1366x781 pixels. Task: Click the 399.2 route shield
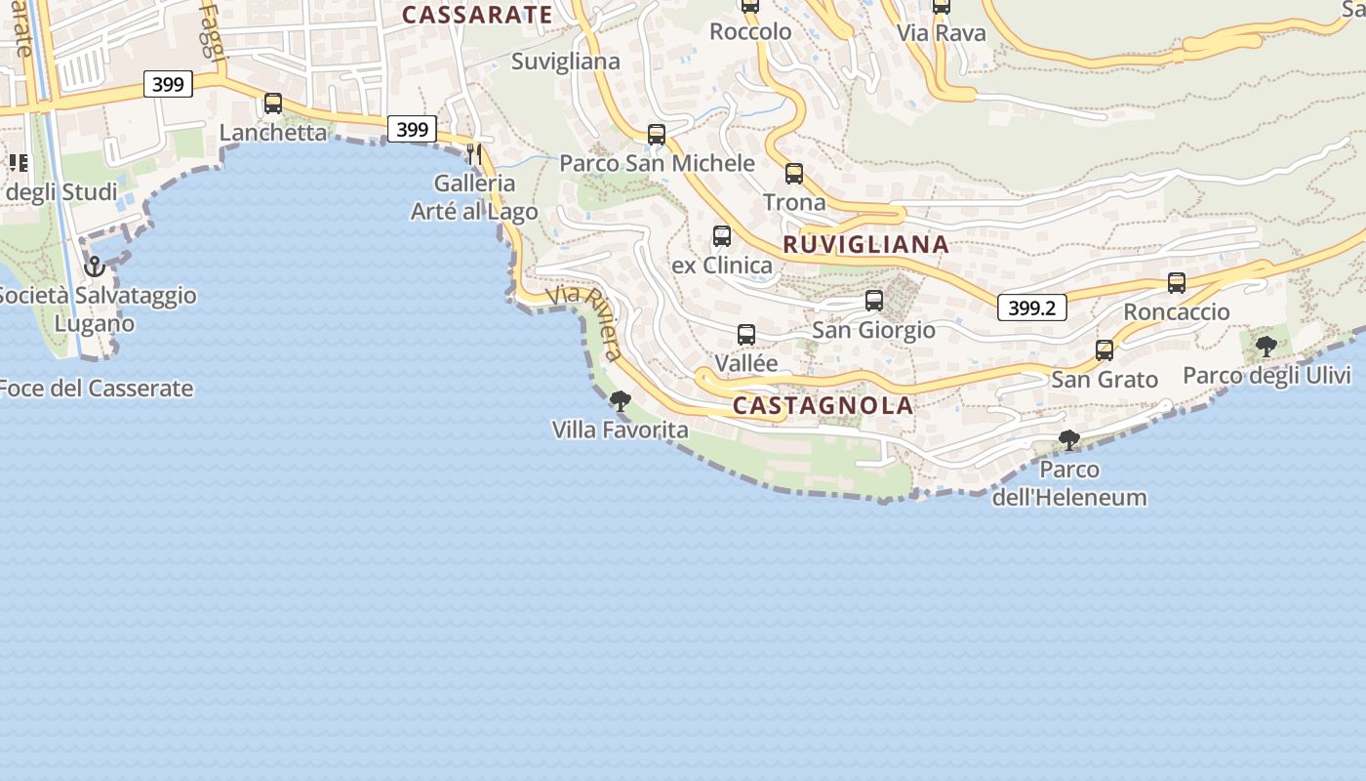[1031, 308]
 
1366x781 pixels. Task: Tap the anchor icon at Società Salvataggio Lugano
[95, 266]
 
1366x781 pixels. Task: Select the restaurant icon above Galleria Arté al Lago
[474, 153]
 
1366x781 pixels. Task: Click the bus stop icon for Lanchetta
[273, 103]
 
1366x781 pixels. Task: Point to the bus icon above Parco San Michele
[657, 135]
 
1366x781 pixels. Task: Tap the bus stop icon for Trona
[794, 174]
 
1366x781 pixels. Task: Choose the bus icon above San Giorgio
[874, 301]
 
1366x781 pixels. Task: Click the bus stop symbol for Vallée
[746, 335]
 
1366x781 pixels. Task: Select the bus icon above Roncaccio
[1177, 283]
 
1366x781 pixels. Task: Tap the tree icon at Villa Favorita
[620, 400]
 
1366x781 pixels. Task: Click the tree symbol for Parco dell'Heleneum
[1069, 440]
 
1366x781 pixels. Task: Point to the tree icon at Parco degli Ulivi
[1266, 346]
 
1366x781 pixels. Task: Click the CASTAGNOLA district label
[823, 406]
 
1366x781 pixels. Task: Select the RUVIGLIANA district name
[865, 245]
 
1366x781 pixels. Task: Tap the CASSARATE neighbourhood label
[477, 15]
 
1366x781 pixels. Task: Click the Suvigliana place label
[566, 62]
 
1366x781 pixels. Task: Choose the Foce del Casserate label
[96, 389]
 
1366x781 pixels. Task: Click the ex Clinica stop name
[722, 266]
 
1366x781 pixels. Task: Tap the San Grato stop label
[1105, 379]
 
